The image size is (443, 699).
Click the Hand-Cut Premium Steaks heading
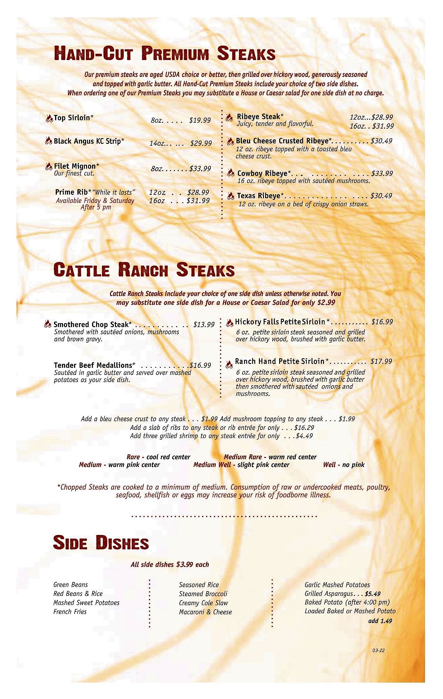[164, 53]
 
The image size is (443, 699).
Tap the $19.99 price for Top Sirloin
[200, 120]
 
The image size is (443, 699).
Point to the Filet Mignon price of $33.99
[200, 169]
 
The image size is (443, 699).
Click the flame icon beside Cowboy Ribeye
[230, 173]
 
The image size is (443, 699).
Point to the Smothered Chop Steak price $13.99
[204, 325]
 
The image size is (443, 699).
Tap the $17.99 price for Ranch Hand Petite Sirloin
[381, 361]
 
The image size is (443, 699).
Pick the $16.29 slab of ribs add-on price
[304, 427]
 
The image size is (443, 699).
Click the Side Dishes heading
[101, 543]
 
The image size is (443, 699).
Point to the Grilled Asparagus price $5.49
[373, 594]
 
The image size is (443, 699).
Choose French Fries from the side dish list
[70, 611]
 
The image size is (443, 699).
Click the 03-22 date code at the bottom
[378, 650]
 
